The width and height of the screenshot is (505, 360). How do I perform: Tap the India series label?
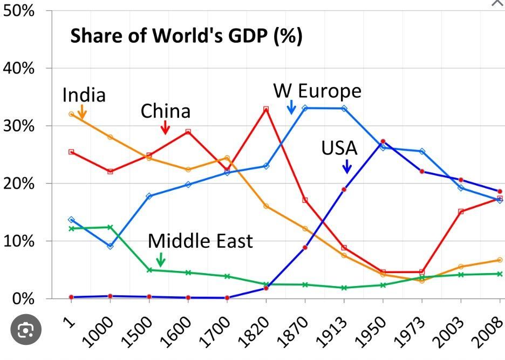coord(84,96)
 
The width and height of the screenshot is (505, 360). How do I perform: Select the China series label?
coord(166,111)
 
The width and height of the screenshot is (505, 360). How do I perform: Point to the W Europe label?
coord(317,91)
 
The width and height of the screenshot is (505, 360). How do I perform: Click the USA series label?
coord(339,148)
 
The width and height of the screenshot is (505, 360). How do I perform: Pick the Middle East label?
coord(200,241)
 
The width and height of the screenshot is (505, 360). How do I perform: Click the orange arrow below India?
coord(82,112)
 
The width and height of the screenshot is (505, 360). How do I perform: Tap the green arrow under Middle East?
coord(160,260)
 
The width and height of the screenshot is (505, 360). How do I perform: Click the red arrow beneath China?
coord(166,128)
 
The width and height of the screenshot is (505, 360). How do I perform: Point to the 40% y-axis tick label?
coord(19,69)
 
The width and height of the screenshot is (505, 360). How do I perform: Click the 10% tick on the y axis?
coord(19,241)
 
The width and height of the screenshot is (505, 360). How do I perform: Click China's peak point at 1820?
coord(266,109)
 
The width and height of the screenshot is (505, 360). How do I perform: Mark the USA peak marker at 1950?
coord(383,141)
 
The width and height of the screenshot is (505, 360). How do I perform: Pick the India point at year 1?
coord(71,114)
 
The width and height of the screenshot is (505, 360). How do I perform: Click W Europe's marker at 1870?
coord(305,108)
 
